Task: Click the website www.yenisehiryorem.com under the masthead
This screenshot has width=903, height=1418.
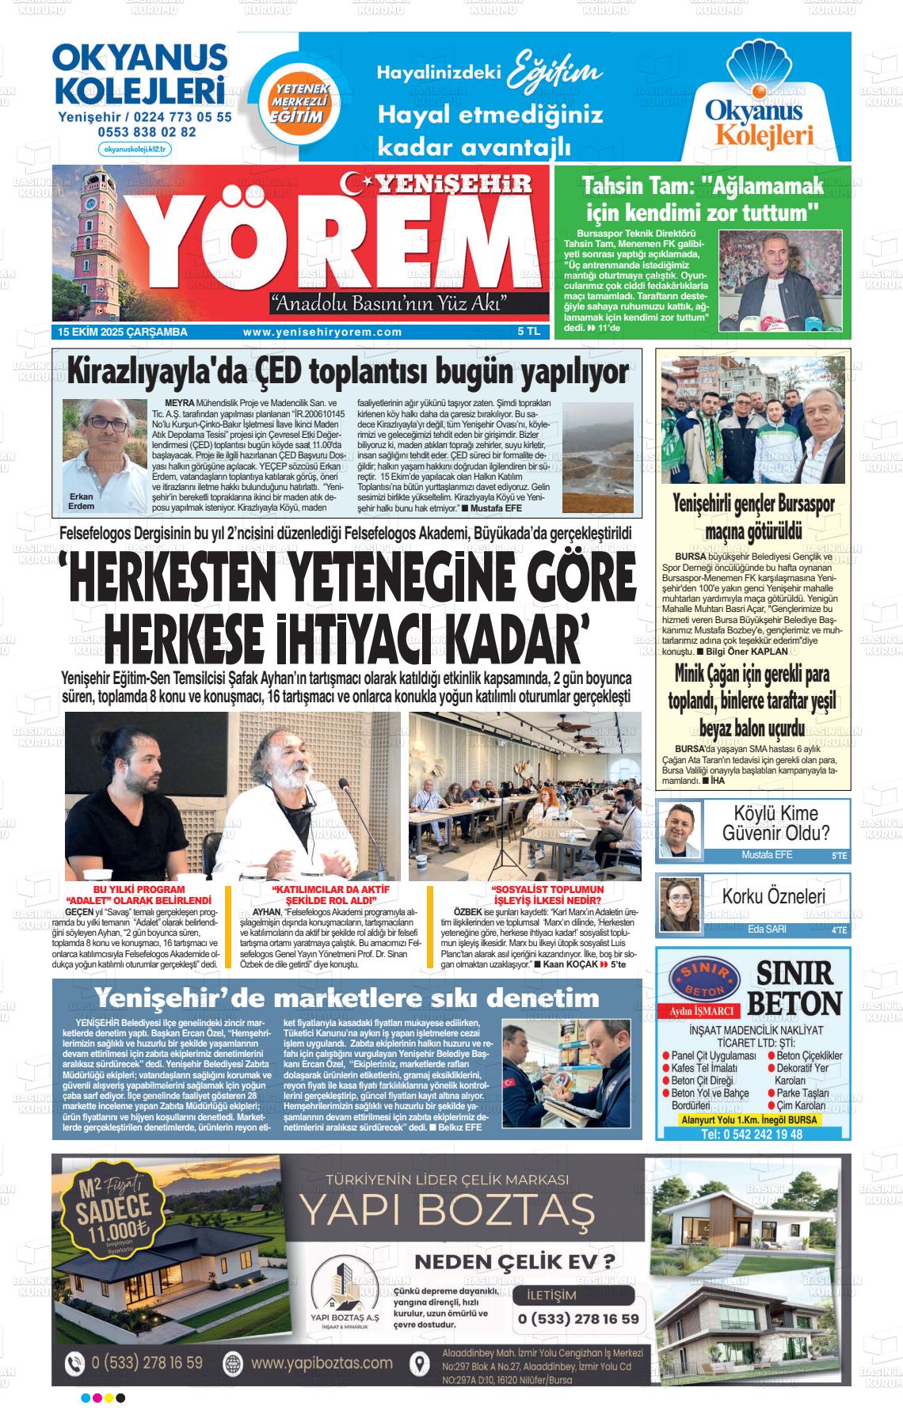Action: tap(322, 333)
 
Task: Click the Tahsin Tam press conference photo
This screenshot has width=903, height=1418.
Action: tap(779, 281)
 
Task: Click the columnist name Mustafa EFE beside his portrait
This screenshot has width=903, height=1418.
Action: tap(766, 855)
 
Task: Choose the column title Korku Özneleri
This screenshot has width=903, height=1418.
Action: tap(773, 896)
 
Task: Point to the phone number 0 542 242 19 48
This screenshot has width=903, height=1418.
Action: tap(752, 1134)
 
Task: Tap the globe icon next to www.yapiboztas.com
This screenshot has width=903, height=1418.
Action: tap(233, 1363)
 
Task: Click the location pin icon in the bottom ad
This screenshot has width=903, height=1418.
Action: tap(420, 1363)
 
